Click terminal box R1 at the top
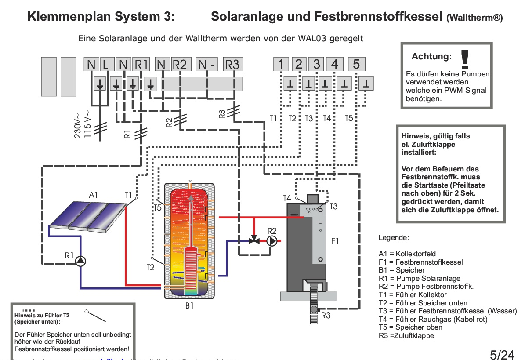pos(141,64)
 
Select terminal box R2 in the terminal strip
pos(180,64)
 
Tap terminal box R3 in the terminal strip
pos(232,64)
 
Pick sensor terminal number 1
pos(281,64)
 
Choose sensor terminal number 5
pos(356,64)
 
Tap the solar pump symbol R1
pos(80,262)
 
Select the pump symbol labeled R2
pos(272,240)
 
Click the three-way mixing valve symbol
pos(254,240)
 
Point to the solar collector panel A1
pos(88,215)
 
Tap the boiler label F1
pos(335,241)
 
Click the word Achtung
pos(431,57)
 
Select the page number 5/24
pos(502,354)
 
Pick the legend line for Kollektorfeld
pos(407,254)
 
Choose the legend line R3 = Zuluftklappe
pos(406,335)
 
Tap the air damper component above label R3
pos(312,303)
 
